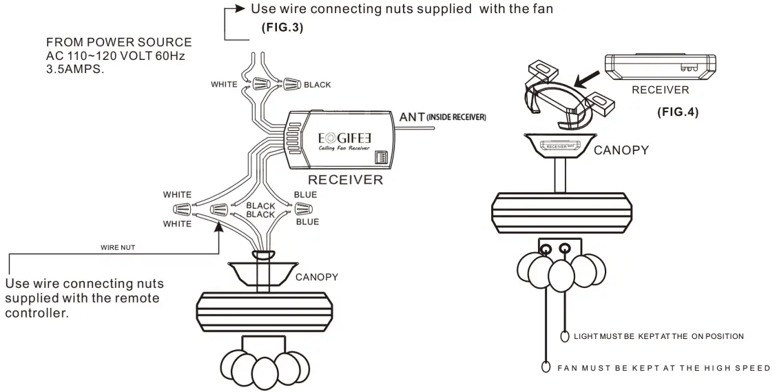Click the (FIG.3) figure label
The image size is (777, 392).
(282, 28)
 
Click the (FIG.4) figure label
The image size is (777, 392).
(677, 112)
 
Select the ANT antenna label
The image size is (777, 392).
(412, 117)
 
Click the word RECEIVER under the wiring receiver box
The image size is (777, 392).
(345, 179)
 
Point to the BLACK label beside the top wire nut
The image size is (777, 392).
(317, 85)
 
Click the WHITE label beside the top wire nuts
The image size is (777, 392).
(224, 84)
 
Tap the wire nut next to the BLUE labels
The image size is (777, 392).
(302, 208)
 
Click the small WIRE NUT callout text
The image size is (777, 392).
(117, 247)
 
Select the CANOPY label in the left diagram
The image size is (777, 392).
(317, 277)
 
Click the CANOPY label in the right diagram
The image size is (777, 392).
(621, 150)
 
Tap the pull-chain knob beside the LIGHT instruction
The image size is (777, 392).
(565, 336)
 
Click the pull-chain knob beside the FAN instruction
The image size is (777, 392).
(546, 367)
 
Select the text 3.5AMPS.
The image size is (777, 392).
(75, 70)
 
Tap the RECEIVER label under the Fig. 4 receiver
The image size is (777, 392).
(660, 90)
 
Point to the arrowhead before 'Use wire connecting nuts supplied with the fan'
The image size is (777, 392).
(240, 8)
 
